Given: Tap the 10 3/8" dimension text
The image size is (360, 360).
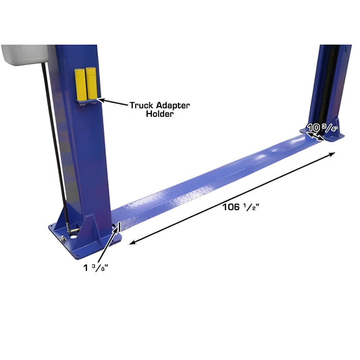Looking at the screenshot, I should pos(322,126).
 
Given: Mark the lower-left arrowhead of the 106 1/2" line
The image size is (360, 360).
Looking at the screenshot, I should pos(130,241).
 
